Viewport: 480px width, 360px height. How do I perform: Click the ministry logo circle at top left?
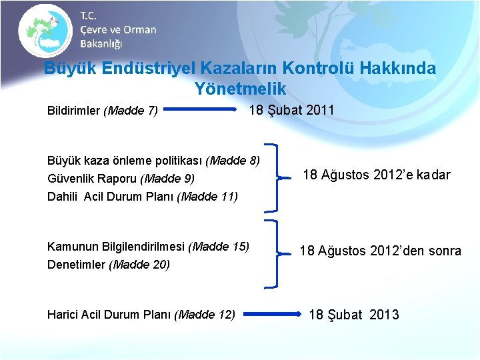[x=45, y=30]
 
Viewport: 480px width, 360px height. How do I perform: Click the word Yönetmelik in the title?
[x=240, y=88]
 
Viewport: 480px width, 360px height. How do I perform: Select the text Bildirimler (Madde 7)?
[x=102, y=111]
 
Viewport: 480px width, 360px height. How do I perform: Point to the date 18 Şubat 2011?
[x=291, y=110]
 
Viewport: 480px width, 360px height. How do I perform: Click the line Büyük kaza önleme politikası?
[x=153, y=160]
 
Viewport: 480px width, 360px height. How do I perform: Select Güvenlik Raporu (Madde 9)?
[x=121, y=179]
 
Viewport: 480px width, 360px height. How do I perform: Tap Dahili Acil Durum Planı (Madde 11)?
[x=142, y=197]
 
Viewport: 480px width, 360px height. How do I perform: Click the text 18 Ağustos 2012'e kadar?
[x=376, y=175]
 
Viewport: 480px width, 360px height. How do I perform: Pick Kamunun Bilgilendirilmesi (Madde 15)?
[x=148, y=247]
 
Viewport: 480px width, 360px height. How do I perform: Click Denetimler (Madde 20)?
[x=108, y=265]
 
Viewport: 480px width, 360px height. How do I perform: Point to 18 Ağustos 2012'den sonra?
[x=380, y=251]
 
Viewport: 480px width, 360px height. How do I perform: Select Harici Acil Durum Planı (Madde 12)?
[x=141, y=314]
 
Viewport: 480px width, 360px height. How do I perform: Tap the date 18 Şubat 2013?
[x=353, y=315]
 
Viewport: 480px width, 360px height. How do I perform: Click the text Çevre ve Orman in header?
[x=118, y=30]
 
